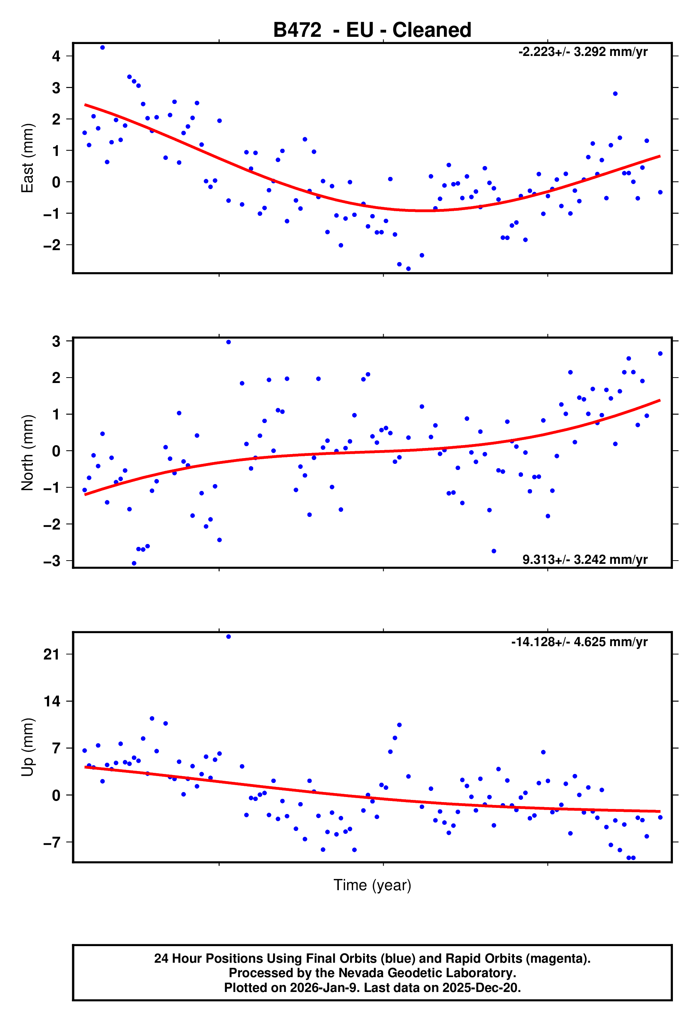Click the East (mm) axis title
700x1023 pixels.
pos(27,158)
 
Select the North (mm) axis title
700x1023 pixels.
pos(27,453)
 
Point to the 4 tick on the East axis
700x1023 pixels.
pos(56,56)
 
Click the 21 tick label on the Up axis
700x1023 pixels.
pos(52,654)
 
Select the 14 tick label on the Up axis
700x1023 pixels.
pos(52,701)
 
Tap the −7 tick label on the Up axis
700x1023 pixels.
pos(52,842)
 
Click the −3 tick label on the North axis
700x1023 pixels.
pos(52,561)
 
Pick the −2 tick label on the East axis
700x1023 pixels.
pos(52,245)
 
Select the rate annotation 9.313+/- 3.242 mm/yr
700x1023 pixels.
pos(584,560)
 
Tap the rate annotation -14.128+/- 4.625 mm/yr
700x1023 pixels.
pos(579,642)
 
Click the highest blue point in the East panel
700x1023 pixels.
pos(103,48)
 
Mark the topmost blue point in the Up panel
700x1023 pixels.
pos(228,636)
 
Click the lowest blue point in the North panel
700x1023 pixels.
pos(134,563)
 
